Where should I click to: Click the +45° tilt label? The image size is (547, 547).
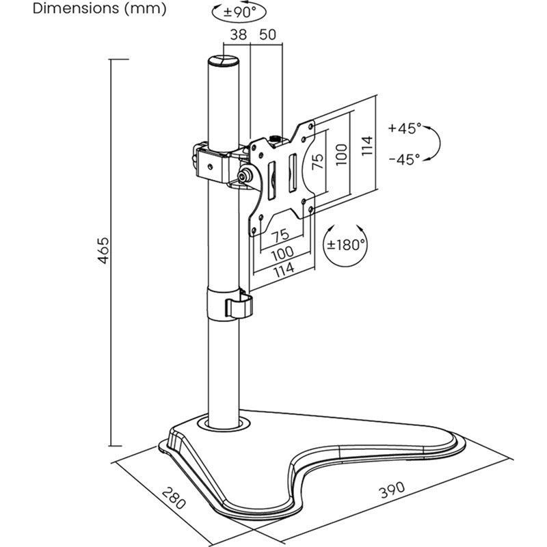click(404, 128)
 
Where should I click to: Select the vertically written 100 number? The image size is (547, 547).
click(341, 155)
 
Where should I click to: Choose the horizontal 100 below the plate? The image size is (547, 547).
click(281, 253)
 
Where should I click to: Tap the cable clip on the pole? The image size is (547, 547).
click(237, 304)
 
